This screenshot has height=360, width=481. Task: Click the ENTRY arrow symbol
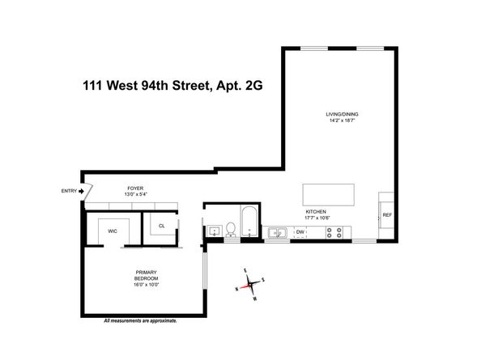(81, 191)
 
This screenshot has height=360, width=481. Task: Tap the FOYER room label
(135, 188)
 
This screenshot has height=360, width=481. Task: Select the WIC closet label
(113, 231)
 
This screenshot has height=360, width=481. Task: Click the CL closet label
(162, 226)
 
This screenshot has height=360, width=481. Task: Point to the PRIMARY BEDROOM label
(147, 275)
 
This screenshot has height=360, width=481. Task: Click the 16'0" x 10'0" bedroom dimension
(147, 285)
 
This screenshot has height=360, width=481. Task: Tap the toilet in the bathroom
(231, 230)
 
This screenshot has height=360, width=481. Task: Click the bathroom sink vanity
(215, 231)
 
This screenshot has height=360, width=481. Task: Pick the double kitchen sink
(277, 233)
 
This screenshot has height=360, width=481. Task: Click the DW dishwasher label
(300, 232)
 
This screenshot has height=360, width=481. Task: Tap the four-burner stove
(334, 232)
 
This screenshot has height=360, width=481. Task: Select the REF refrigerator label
(387, 215)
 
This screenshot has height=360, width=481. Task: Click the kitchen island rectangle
(329, 195)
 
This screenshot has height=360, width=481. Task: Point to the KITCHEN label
(316, 212)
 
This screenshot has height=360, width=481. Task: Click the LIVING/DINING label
(342, 114)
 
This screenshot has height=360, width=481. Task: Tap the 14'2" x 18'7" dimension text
(342, 121)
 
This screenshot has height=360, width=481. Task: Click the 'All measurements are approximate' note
(141, 321)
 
